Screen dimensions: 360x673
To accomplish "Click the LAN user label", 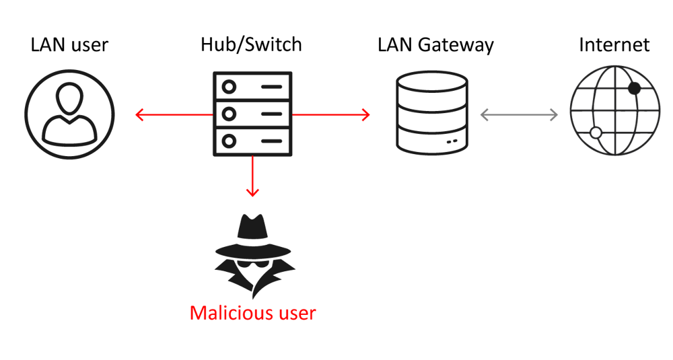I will (x=69, y=45).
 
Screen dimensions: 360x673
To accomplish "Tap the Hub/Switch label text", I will (x=251, y=45).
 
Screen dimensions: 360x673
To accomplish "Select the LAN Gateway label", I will (x=435, y=45).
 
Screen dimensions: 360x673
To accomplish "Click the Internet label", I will (x=614, y=45).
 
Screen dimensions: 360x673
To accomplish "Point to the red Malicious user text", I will (x=252, y=313).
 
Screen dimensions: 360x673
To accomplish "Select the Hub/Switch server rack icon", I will (x=252, y=114).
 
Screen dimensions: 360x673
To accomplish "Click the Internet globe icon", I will (x=611, y=111).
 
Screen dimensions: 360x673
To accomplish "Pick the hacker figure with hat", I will (x=252, y=256).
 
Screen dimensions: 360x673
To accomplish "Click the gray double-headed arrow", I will (x=519, y=115).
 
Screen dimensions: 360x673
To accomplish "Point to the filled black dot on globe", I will (x=634, y=88).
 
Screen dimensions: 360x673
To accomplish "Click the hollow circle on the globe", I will (x=595, y=133).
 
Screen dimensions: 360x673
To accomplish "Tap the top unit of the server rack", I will (x=252, y=87).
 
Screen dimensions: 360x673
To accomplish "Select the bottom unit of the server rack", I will (x=252, y=141).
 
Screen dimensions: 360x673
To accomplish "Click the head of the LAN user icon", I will (x=70, y=100).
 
